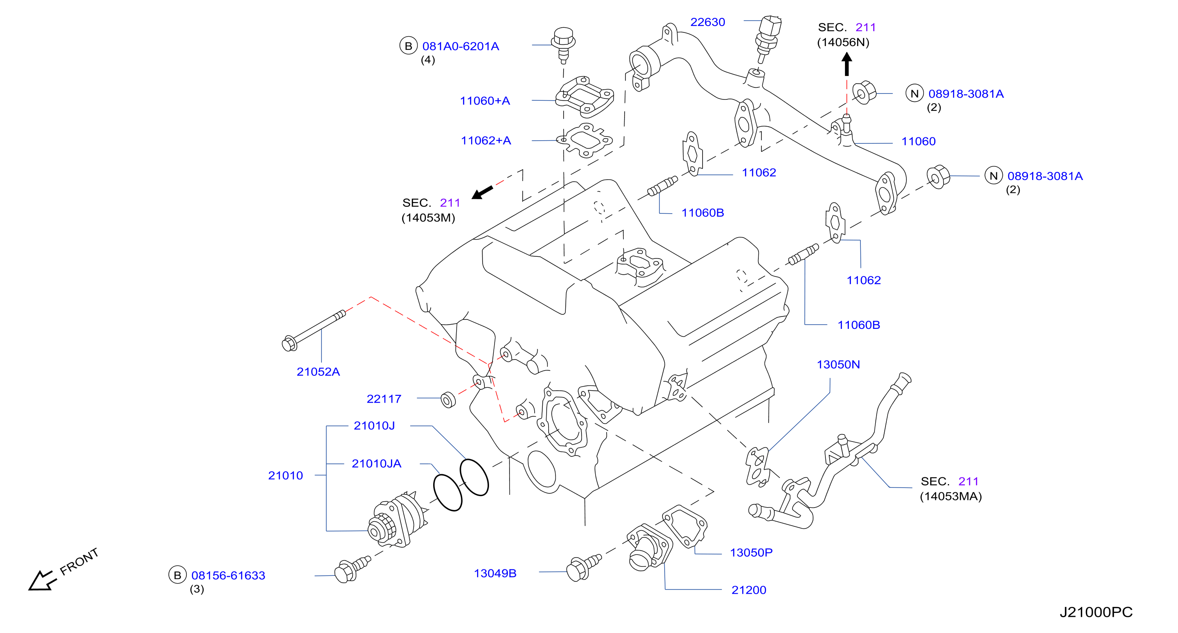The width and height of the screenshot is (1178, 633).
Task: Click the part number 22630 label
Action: coord(707,22)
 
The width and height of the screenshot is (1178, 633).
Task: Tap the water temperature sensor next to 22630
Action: coord(768,38)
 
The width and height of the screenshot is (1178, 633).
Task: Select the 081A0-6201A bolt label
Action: coord(460,46)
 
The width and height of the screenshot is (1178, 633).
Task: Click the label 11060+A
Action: coord(485,101)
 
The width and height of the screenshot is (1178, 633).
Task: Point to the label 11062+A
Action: coord(486,140)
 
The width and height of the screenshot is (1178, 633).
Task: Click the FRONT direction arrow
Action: coord(43,581)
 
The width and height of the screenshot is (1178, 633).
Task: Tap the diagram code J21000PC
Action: coord(1096,612)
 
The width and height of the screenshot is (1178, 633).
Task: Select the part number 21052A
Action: coord(318,372)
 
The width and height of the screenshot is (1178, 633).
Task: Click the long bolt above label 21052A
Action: coord(314,330)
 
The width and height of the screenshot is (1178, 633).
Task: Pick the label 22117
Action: coord(384,399)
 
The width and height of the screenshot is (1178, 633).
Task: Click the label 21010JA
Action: coord(376,463)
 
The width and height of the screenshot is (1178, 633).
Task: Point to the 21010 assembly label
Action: coord(285,476)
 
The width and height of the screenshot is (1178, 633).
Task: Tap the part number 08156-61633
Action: coord(228,575)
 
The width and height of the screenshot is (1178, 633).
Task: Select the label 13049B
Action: coord(495,573)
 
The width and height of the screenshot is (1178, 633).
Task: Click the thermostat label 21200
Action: coord(749,590)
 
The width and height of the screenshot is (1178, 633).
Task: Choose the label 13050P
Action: coord(751,552)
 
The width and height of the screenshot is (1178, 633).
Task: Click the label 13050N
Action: coord(838,365)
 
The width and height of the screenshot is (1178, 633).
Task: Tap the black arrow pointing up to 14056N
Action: coord(846,64)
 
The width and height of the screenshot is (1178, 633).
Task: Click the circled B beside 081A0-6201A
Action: coord(408,46)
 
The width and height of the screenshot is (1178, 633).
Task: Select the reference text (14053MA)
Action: coord(951,496)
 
